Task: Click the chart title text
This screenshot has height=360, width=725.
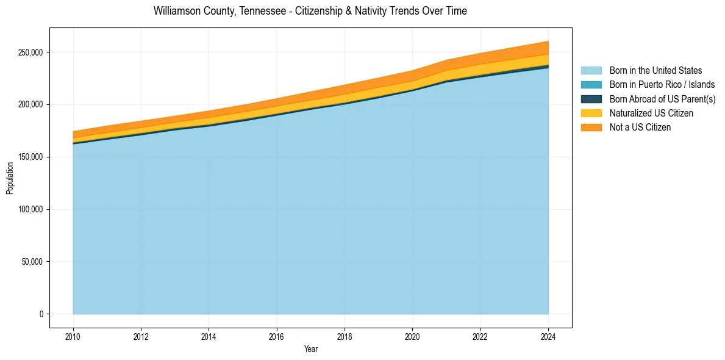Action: point(310,11)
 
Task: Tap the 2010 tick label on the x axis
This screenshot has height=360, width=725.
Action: point(73,335)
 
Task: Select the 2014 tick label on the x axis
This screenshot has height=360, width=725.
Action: point(209,335)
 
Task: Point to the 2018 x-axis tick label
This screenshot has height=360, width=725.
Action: point(345,335)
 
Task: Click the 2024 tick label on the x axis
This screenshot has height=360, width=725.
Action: point(548,335)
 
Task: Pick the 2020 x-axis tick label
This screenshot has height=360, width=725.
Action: point(413,335)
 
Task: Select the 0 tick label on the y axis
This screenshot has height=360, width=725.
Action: point(41,314)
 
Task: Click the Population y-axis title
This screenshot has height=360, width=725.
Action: point(10,178)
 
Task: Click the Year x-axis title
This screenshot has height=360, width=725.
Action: point(310,349)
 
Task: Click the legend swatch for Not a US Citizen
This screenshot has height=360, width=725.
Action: point(591,128)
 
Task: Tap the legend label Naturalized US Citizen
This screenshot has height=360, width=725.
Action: point(651,113)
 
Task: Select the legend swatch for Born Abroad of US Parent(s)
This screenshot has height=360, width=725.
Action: point(591,99)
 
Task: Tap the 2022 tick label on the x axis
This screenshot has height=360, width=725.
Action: point(480,335)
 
